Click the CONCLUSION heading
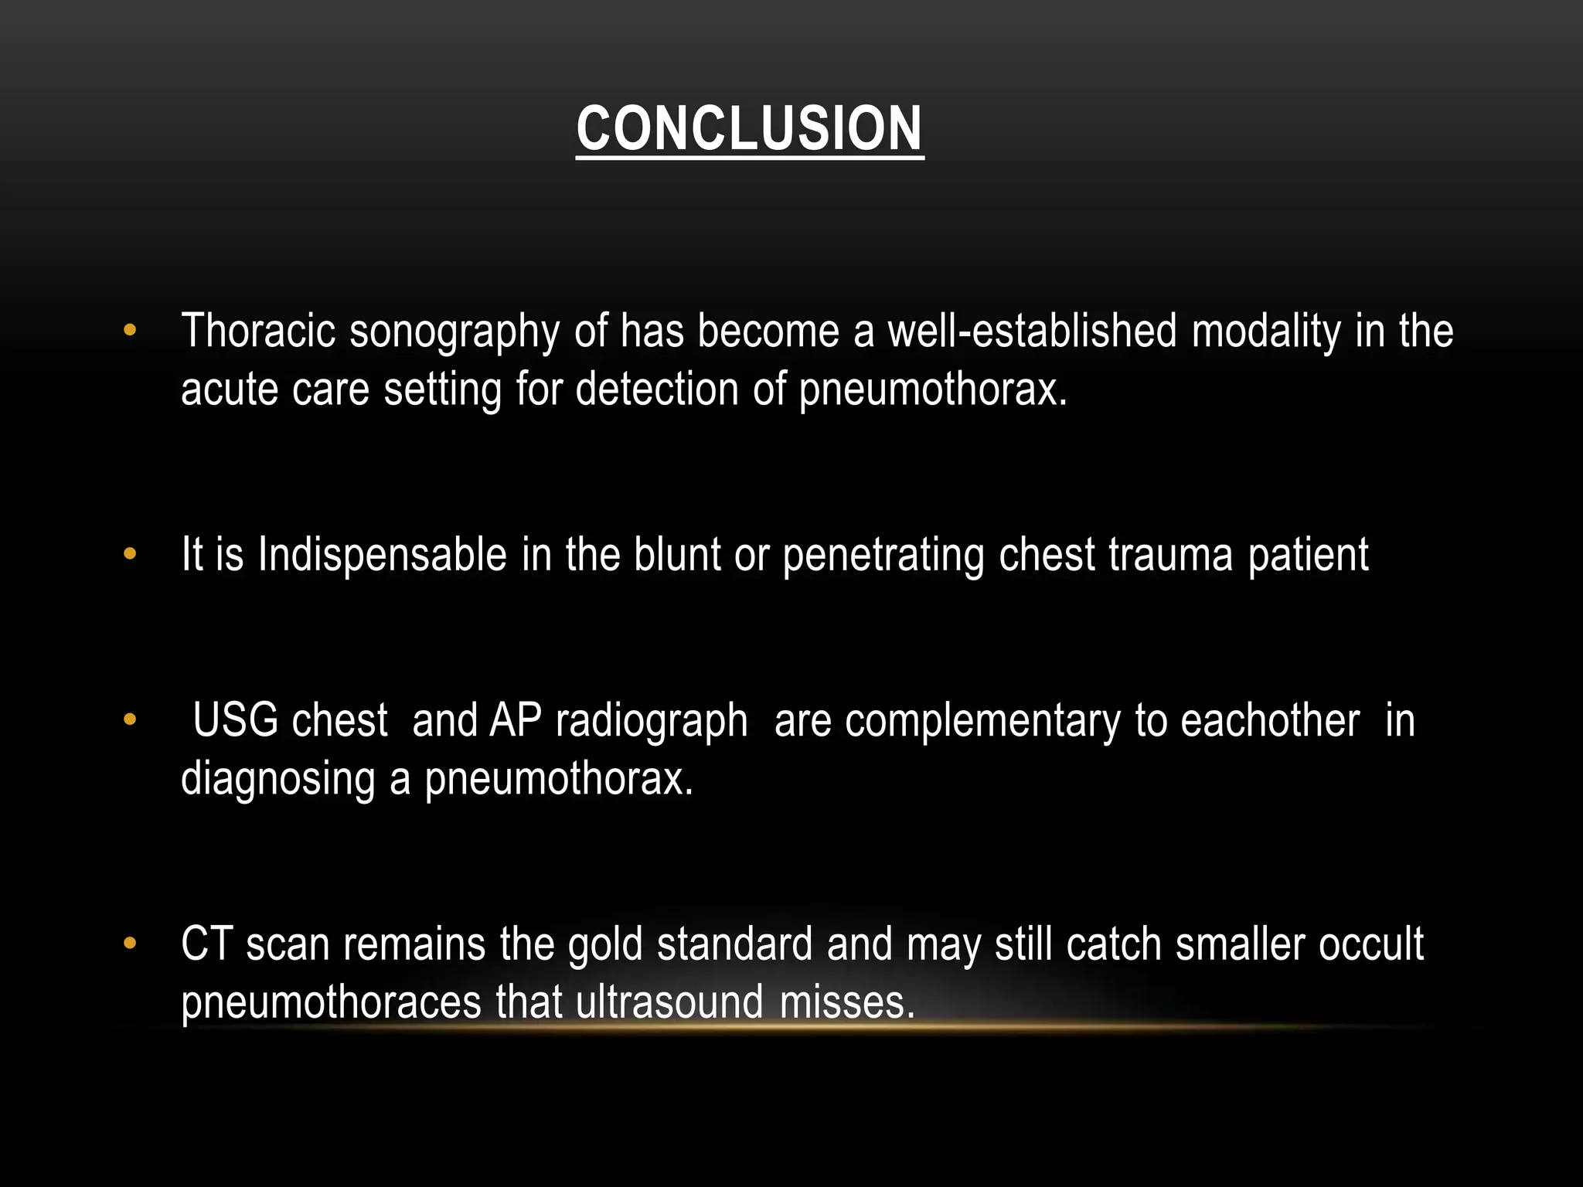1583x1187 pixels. [749, 128]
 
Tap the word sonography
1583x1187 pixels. [454, 332]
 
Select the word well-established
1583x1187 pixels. [1031, 331]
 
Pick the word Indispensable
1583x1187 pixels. [382, 555]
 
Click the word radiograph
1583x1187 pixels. [651, 722]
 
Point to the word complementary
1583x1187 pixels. [982, 722]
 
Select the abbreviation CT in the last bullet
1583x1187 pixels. [206, 944]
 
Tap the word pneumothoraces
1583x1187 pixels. [331, 1002]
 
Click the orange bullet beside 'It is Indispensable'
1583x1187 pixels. [129, 554]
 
